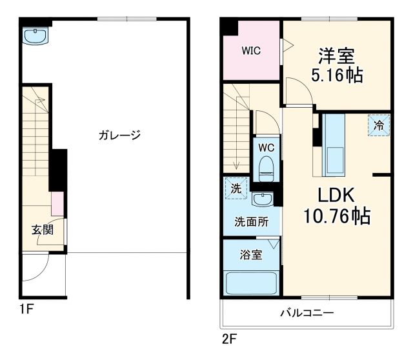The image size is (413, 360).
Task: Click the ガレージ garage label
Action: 119,135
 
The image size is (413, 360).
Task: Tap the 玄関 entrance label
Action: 43,229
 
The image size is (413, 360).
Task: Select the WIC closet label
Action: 251,51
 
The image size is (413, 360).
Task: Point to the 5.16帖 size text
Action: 336,75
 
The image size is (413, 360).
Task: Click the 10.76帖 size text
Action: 337,216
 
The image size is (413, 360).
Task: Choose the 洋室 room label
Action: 336,55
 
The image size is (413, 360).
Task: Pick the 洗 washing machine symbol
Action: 236,188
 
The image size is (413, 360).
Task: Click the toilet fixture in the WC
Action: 266,170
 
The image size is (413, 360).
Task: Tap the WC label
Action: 267,147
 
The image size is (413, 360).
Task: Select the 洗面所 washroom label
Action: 250,221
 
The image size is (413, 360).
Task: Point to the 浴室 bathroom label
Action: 252,254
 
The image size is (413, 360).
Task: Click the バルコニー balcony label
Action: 307,314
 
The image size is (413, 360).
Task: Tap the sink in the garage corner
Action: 35,36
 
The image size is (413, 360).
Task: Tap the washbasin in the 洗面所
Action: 262,198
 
